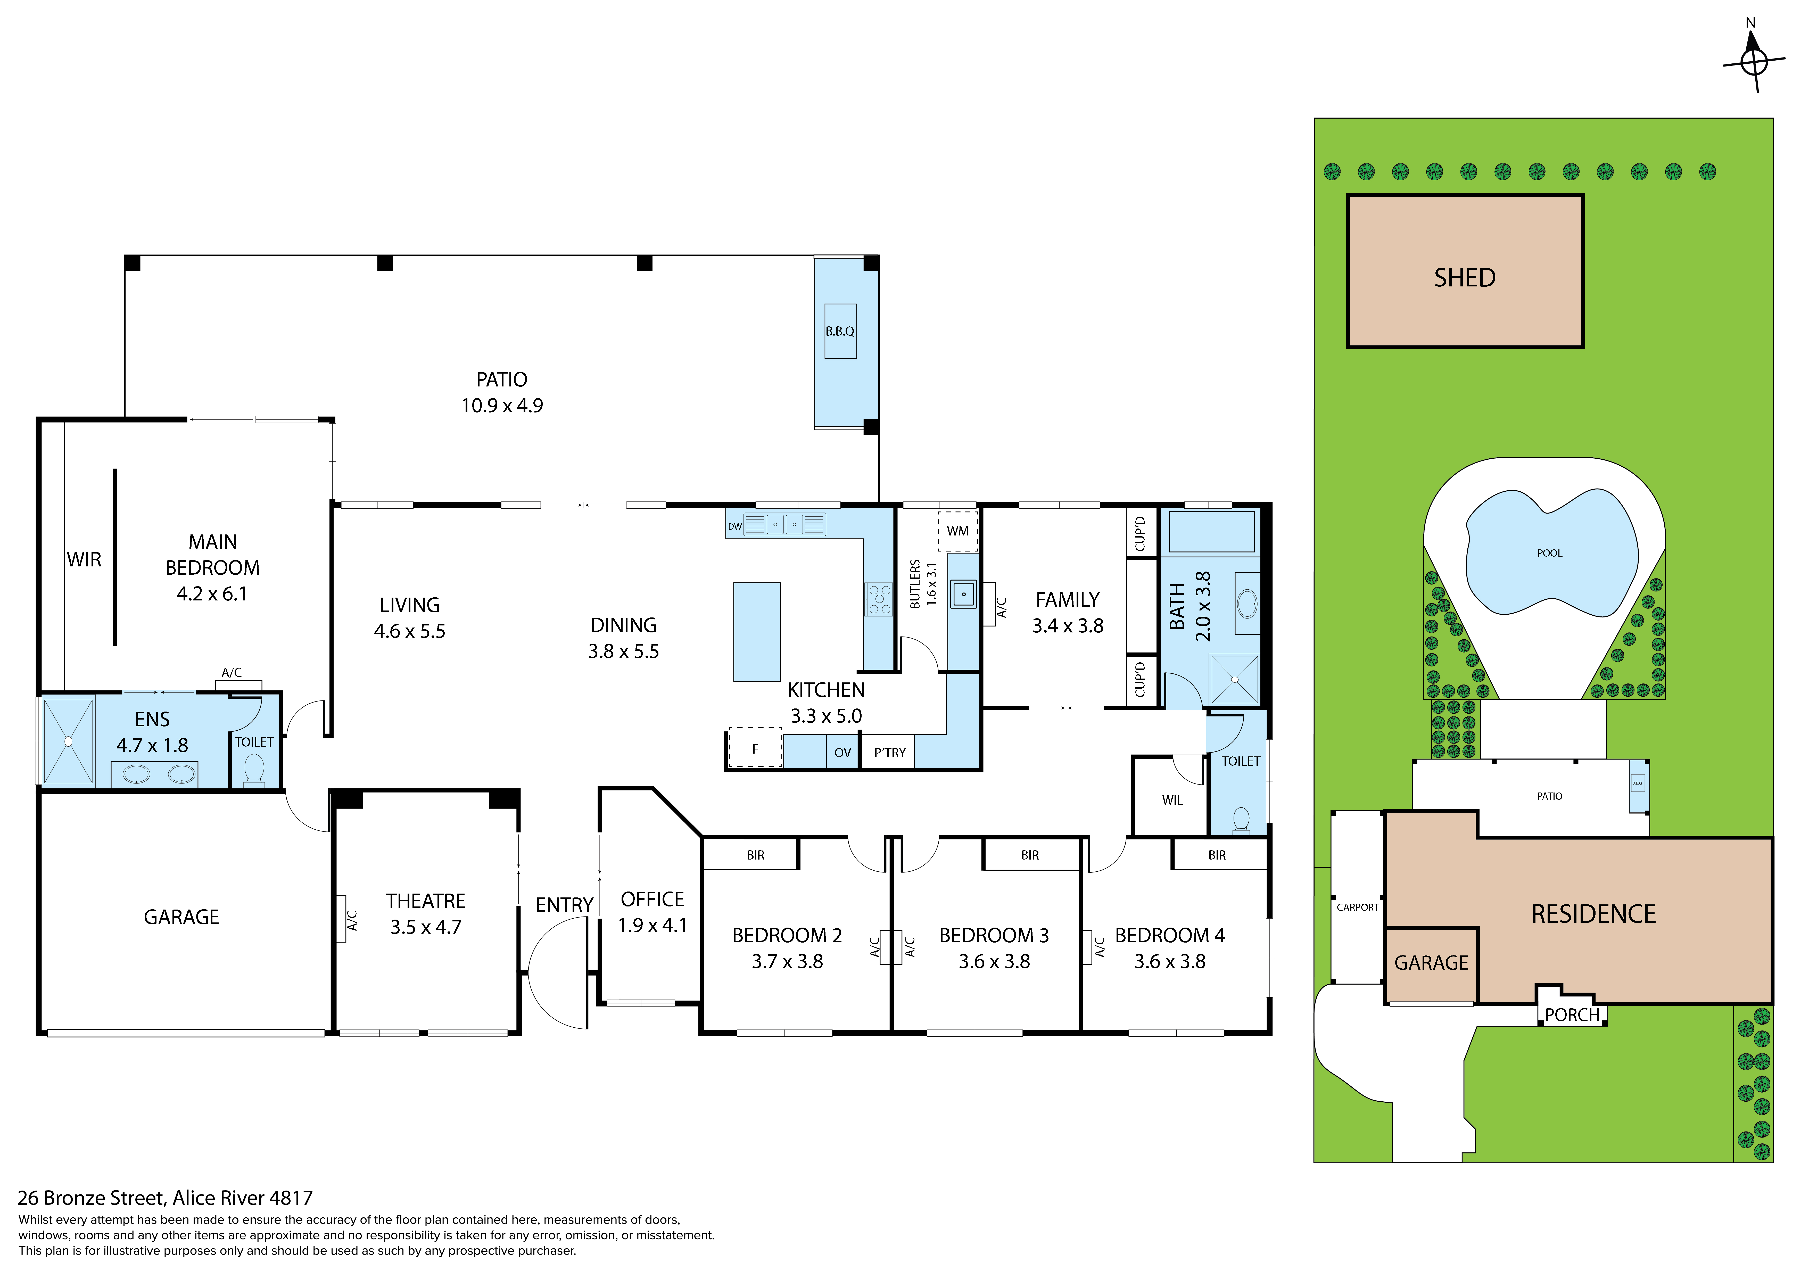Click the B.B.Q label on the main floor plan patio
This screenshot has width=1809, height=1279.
tap(840, 331)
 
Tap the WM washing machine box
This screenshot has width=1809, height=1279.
tap(958, 531)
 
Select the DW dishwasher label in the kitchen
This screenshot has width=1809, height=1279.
tap(734, 526)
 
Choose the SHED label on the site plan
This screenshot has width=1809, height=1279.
tap(1465, 277)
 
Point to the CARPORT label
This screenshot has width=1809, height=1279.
tap(1358, 907)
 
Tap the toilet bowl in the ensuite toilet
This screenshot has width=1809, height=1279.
tap(254, 768)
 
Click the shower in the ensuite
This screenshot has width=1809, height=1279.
tap(69, 741)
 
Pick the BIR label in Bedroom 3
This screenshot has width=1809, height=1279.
tap(1030, 855)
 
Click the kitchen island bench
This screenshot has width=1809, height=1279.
tap(757, 632)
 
